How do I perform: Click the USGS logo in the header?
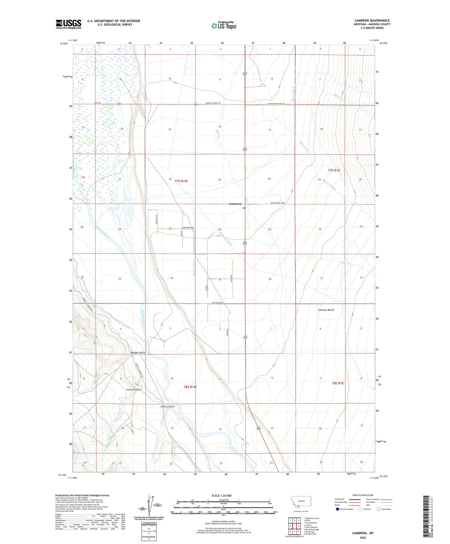pyautogui.click(x=68, y=24)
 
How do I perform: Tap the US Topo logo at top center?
pyautogui.click(x=224, y=26)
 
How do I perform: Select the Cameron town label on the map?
pyautogui.click(x=235, y=204)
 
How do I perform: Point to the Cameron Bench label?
pyautogui.click(x=326, y=310)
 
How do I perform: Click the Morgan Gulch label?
pyautogui.click(x=137, y=352)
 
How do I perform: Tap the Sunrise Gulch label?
pyautogui.click(x=134, y=389)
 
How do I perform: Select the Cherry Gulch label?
pyautogui.click(x=167, y=406)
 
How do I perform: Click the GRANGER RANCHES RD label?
pyautogui.click(x=276, y=104)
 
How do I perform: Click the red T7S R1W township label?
pyautogui.click(x=181, y=181)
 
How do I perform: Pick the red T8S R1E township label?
pyautogui.click(x=338, y=383)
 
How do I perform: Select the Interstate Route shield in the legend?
pyautogui.click(x=338, y=509)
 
